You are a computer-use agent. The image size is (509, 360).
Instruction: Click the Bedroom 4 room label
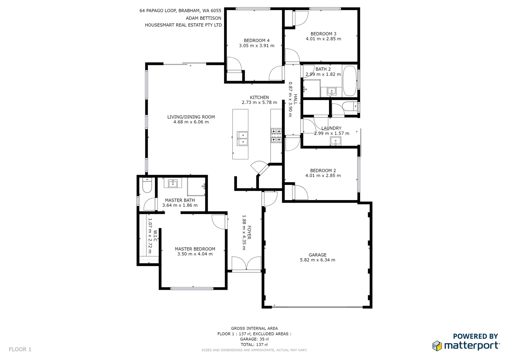(x=256, y=41)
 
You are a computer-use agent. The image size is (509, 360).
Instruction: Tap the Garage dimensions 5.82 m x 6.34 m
(x=317, y=260)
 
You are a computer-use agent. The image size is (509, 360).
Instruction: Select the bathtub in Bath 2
(x=349, y=81)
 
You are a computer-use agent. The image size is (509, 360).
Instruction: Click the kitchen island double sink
(x=242, y=139)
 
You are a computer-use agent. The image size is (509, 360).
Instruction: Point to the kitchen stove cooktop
(x=276, y=135)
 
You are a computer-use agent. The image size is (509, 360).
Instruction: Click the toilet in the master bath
(x=147, y=185)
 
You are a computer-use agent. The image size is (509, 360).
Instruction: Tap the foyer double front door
(x=246, y=264)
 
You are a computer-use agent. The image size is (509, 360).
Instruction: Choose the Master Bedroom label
(x=195, y=249)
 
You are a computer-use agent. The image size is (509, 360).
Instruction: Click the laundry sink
(x=335, y=141)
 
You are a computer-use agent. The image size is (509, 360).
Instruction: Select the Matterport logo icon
(x=437, y=346)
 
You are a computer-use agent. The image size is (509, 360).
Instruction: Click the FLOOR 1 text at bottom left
(x=20, y=349)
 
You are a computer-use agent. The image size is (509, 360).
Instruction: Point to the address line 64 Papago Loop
(x=180, y=11)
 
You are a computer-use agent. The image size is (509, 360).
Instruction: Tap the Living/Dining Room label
(x=191, y=117)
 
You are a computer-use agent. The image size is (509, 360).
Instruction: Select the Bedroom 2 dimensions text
(x=323, y=176)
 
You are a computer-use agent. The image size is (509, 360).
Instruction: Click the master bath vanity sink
(x=172, y=183)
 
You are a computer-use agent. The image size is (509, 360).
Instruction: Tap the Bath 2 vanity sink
(x=331, y=91)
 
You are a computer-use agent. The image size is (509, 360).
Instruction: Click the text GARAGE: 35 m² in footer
(x=254, y=339)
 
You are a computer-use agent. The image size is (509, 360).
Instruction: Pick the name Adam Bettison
(x=203, y=18)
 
